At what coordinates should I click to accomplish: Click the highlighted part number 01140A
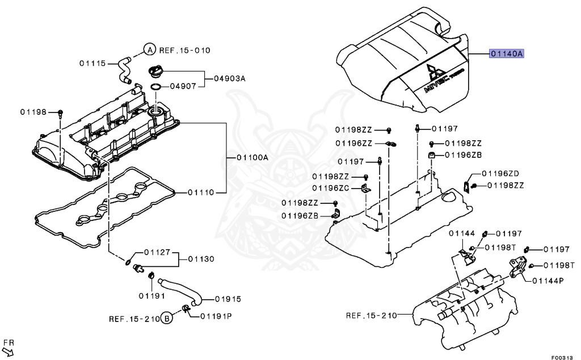point(507,54)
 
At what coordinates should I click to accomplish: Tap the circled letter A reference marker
point(148,50)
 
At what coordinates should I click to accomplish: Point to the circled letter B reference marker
point(166,318)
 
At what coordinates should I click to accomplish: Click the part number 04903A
point(230,79)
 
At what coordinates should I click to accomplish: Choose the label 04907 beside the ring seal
point(183,87)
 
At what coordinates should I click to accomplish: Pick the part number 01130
point(201,259)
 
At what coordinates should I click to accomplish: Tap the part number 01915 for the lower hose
point(228,299)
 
